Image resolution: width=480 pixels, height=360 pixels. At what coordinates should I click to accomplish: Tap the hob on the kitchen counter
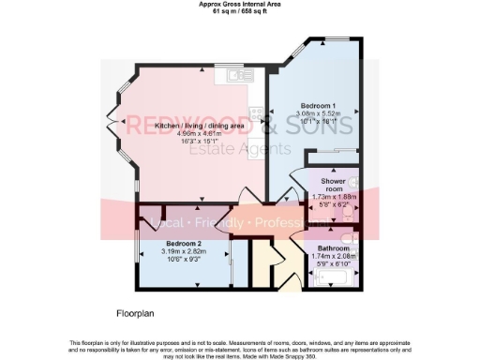247,71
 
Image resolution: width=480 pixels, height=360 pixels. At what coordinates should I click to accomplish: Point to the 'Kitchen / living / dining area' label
199,125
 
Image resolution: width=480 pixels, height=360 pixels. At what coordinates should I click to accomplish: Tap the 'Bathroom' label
335,247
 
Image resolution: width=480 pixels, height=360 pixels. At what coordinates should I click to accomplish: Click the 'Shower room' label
335,184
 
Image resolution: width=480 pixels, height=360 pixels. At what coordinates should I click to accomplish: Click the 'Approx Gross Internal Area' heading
240,5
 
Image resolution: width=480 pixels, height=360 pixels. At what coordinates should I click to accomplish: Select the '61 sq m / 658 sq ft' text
240,12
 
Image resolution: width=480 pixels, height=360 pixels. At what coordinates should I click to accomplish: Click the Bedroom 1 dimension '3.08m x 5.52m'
319,113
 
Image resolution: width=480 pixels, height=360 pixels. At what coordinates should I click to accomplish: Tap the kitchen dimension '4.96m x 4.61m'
199,133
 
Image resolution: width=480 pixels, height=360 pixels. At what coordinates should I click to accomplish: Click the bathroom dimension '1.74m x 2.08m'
335,256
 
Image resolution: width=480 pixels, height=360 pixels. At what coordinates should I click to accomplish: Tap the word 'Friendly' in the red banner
218,224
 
